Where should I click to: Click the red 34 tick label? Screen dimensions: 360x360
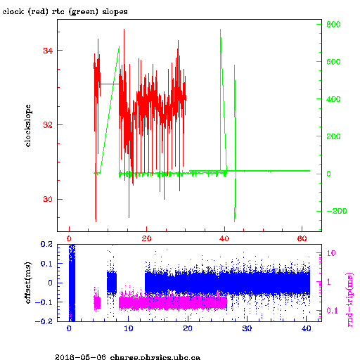48,51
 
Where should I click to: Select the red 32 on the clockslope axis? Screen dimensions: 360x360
48,125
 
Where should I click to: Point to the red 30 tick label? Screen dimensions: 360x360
48,199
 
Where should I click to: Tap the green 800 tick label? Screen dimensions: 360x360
333,25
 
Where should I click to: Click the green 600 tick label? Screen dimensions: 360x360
333,62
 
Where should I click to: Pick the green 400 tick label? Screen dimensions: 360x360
333,99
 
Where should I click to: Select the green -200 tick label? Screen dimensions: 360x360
337,211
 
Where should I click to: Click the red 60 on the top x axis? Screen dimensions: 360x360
302,238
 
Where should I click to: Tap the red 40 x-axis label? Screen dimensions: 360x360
224,238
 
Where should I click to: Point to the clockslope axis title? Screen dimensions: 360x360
28,126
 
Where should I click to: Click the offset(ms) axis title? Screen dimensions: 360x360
28,283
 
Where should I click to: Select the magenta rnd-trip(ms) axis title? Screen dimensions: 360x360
349,300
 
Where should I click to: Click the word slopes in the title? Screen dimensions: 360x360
115,11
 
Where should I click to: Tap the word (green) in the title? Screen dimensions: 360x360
83,12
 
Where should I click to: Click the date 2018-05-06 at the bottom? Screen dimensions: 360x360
80,357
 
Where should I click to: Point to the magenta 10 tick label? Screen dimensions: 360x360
331,253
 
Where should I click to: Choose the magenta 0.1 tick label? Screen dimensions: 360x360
332,311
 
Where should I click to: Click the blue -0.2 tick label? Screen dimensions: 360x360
44,321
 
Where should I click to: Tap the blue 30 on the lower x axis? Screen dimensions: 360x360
247,328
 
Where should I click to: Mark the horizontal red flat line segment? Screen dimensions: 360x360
110,84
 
